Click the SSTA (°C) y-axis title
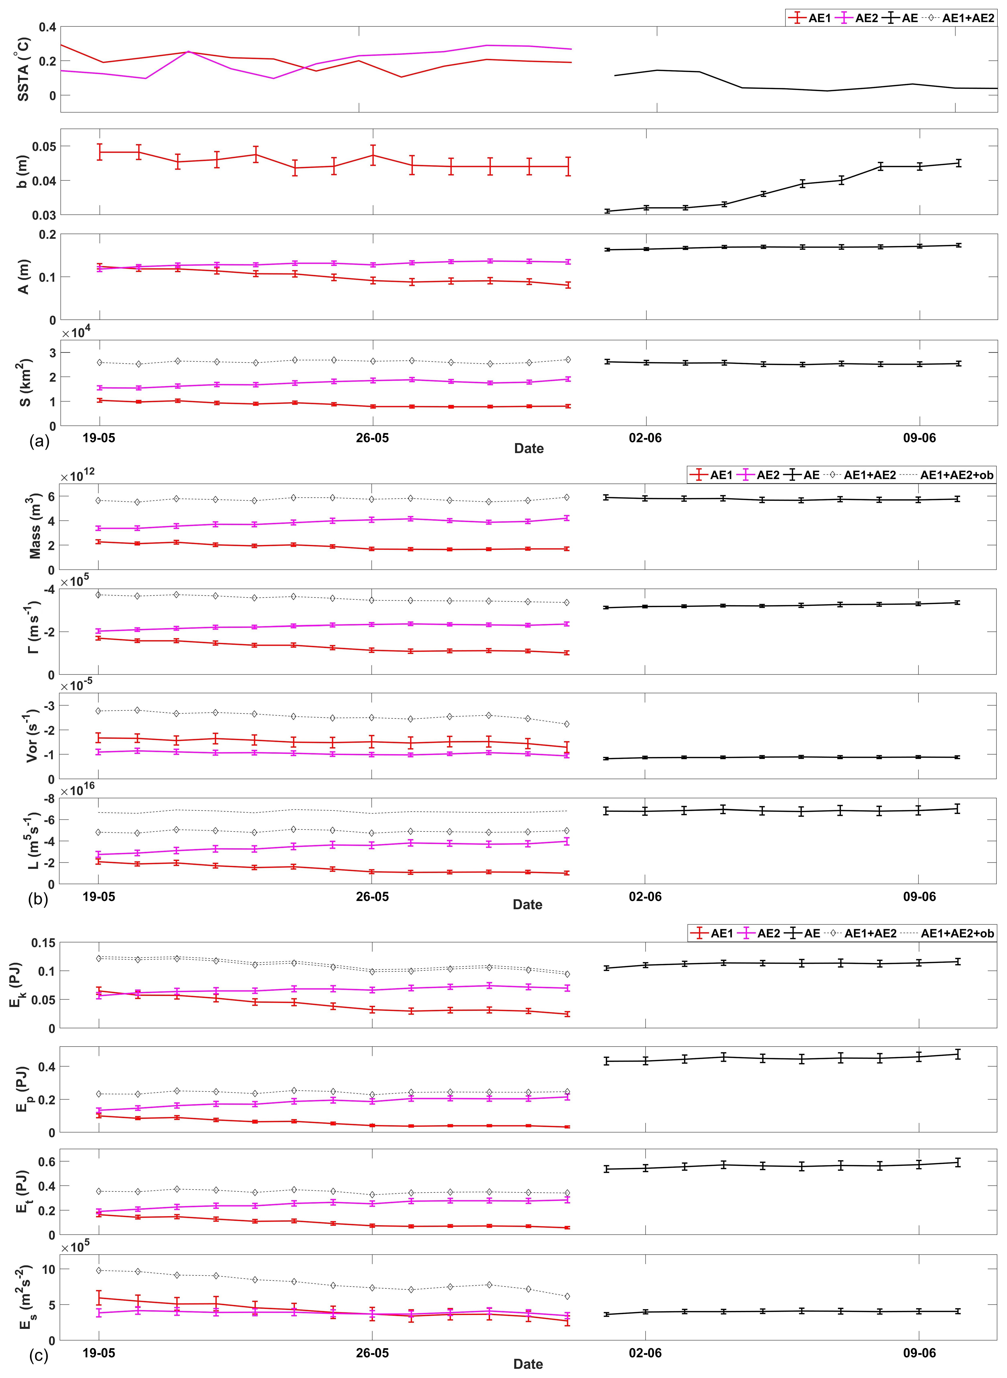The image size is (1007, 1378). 23,68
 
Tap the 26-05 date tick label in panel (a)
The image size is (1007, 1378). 372,438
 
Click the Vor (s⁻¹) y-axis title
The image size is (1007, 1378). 32,736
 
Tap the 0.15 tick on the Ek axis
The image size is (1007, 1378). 44,943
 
